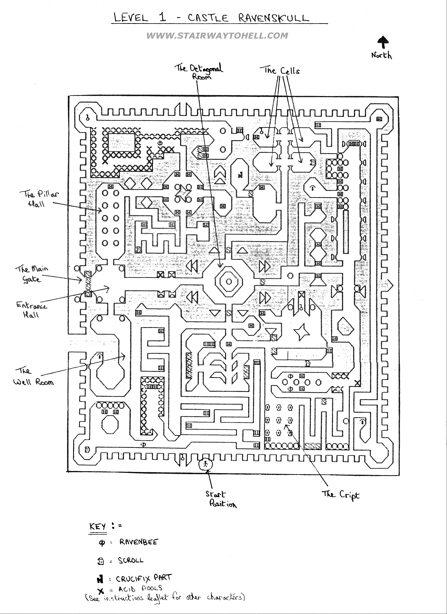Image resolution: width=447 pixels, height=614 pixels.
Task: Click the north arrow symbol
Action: click(x=383, y=43)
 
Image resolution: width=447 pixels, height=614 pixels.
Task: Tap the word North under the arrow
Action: click(x=381, y=55)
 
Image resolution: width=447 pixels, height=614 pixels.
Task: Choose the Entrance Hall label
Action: click(x=32, y=310)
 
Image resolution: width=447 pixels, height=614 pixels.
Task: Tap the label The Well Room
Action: click(x=33, y=376)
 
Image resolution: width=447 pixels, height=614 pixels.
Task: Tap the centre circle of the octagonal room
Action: click(x=228, y=282)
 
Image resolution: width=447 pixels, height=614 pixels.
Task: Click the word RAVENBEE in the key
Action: click(x=138, y=542)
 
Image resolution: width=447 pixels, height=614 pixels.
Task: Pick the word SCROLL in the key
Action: click(x=131, y=560)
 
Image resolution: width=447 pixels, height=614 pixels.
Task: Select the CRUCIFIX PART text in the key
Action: click(x=144, y=578)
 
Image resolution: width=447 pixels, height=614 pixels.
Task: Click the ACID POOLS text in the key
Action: click(x=140, y=589)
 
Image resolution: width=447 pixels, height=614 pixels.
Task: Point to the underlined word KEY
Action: click(x=97, y=527)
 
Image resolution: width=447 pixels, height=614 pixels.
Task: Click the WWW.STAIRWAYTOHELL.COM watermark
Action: click(x=217, y=36)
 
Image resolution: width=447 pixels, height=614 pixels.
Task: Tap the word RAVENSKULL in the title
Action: click(x=274, y=18)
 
